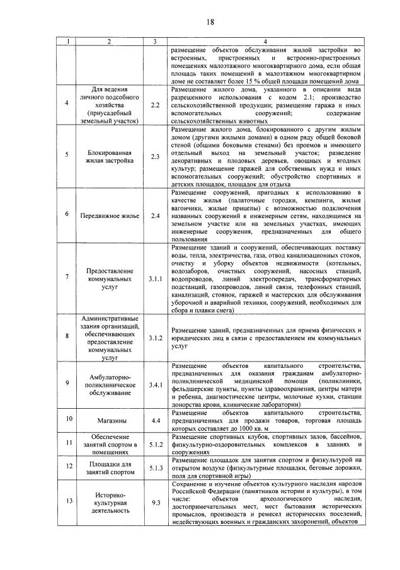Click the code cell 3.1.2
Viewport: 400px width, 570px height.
click(x=155, y=338)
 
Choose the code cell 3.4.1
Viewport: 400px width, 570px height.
click(x=155, y=384)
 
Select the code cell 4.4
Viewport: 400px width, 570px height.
click(x=155, y=419)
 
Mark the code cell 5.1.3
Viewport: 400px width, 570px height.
click(x=155, y=468)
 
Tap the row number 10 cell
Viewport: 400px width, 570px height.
click(x=67, y=419)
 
